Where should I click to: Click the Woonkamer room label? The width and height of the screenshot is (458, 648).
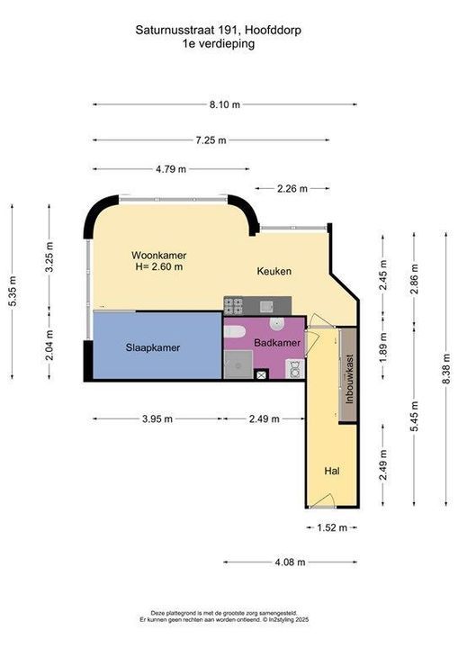tap(158, 255)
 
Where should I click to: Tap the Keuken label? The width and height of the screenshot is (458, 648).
tap(274, 271)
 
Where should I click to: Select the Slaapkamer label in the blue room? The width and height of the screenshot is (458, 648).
tap(153, 347)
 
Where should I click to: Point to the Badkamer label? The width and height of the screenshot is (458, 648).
tap(277, 343)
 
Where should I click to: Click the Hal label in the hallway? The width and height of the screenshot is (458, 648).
tap(332, 471)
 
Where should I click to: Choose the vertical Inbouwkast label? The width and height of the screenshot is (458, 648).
tap(350, 379)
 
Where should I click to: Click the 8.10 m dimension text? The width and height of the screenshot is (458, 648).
tap(224, 104)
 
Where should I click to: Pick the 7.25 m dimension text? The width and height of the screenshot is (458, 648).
tap(211, 140)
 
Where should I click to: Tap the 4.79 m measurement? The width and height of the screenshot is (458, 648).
tap(171, 169)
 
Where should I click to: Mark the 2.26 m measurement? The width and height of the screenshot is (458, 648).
tap(292, 189)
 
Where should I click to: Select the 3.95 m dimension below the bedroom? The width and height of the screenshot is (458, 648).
tap(157, 419)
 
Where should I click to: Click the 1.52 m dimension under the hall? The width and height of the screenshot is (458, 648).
tap(332, 527)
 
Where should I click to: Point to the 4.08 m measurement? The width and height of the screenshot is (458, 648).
tap(290, 562)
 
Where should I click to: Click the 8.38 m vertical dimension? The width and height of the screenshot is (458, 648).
tap(445, 369)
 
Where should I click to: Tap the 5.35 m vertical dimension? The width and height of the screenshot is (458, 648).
tap(12, 291)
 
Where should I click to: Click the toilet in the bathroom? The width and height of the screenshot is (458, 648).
tap(234, 332)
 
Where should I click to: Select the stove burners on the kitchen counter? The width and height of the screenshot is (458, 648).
tap(234, 306)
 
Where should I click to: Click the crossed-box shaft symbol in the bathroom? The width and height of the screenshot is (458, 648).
tap(261, 375)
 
